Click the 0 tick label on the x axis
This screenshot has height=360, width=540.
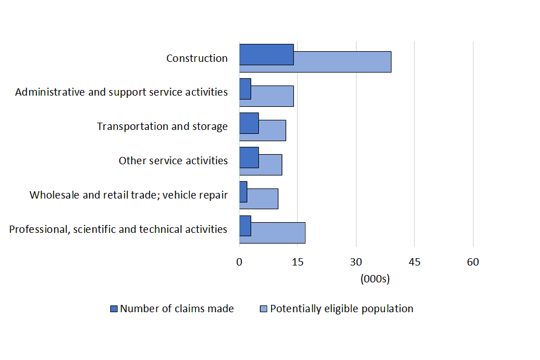click(239, 262)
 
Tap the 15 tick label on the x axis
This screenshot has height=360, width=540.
click(298, 262)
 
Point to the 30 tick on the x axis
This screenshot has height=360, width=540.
click(356, 262)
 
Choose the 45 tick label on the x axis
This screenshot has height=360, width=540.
click(415, 262)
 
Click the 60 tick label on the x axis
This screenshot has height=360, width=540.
click(473, 262)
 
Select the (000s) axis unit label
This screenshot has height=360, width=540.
click(375, 278)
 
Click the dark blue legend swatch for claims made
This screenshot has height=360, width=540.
click(114, 309)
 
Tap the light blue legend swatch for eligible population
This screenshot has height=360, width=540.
click(264, 309)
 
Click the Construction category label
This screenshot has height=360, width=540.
click(197, 58)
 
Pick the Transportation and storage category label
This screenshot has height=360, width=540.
click(162, 127)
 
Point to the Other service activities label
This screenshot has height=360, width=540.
click(173, 161)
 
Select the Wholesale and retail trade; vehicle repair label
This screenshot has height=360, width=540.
click(129, 195)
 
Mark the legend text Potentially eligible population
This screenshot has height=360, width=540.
click(341, 309)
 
